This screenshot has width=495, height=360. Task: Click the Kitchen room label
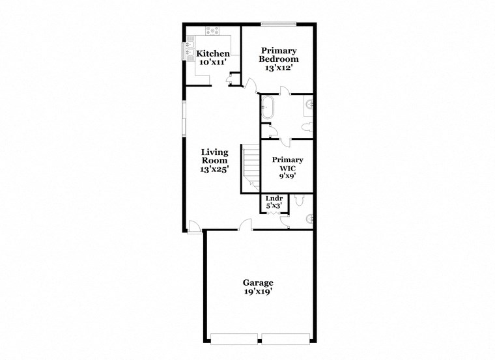pos(213,53)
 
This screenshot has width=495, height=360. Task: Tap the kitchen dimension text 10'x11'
pos(213,62)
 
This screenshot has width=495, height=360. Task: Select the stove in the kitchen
pos(213,30)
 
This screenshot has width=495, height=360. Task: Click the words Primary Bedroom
pos(278,55)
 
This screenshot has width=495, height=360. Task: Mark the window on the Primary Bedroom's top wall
pos(279,25)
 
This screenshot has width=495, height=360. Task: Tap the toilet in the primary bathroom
pos(307,127)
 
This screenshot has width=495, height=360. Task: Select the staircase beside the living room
pos(251,168)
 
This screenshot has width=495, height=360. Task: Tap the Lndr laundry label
pos(274,199)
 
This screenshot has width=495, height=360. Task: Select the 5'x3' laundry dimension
pos(274,206)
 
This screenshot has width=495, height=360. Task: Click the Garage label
pos(258,283)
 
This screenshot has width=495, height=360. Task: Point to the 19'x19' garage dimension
pos(258,292)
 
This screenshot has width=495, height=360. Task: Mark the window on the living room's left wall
pos(184,117)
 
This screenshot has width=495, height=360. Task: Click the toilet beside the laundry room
pos(299,201)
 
